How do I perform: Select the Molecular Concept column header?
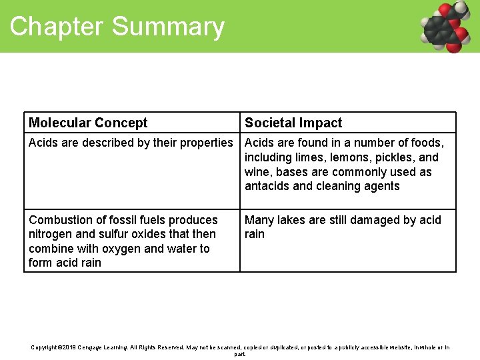(x=88, y=123)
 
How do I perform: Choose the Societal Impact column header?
(x=293, y=123)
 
